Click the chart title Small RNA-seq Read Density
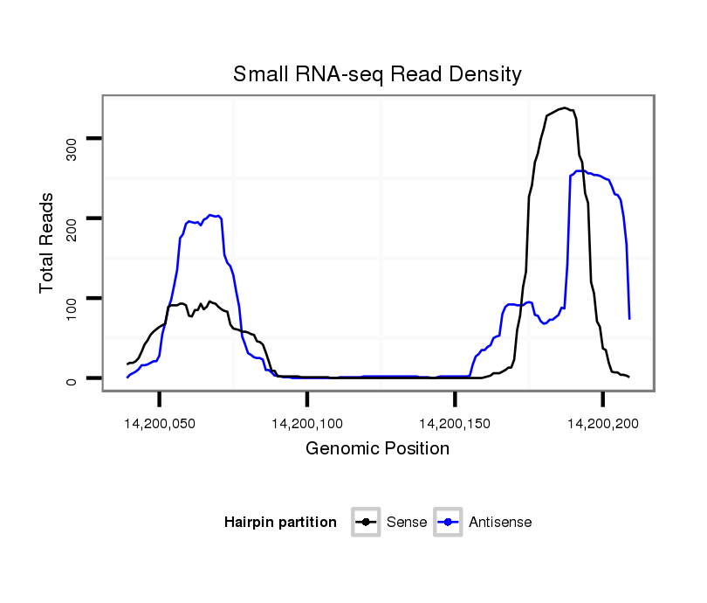click(x=377, y=74)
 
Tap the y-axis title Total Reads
click(x=47, y=243)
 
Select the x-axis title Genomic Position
click(x=377, y=449)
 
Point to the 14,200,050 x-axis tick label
click(x=159, y=424)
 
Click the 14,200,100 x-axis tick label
click(x=307, y=424)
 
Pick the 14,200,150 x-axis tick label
click(x=455, y=424)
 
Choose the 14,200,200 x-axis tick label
click(x=602, y=424)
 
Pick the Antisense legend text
click(x=500, y=523)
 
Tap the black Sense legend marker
click(x=366, y=523)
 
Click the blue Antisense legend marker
click(x=448, y=523)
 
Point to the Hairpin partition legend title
click(x=280, y=523)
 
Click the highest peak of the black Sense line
click(x=565, y=107)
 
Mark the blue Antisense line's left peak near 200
click(x=211, y=214)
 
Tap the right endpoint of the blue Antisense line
click(x=629, y=319)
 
